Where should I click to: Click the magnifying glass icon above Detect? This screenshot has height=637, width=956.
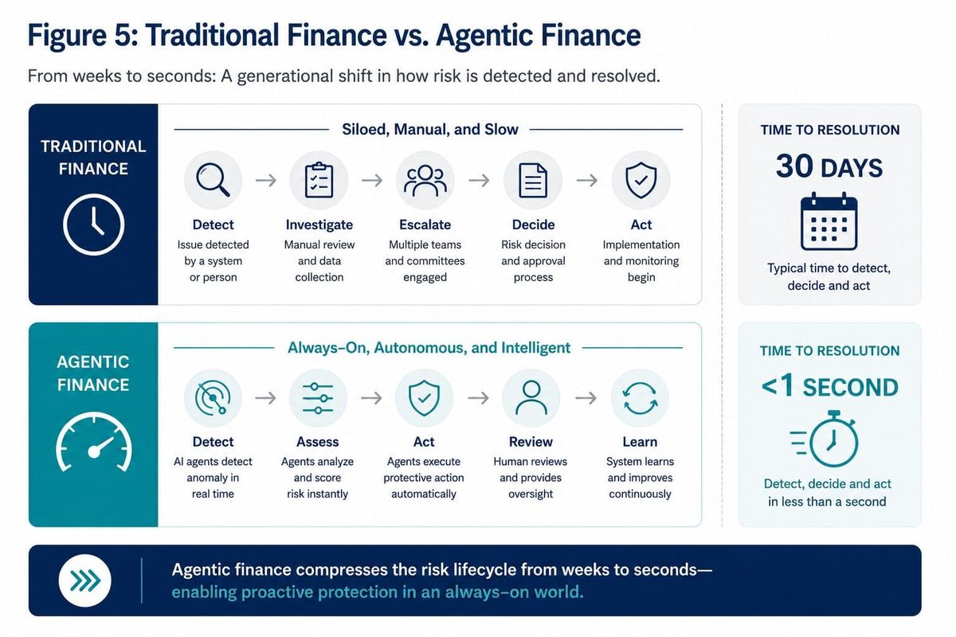click(x=213, y=180)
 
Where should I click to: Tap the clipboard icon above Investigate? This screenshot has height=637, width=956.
click(x=319, y=180)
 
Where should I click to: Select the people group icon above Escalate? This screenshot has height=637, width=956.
click(x=425, y=181)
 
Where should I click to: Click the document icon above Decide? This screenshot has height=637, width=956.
click(x=533, y=181)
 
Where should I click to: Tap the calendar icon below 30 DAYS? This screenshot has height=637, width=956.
click(x=829, y=221)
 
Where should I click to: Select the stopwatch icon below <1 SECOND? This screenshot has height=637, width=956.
click(x=824, y=439)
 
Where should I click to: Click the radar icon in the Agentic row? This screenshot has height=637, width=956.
click(x=213, y=397)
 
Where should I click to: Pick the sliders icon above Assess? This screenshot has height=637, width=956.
click(x=318, y=398)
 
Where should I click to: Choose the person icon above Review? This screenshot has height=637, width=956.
click(x=531, y=397)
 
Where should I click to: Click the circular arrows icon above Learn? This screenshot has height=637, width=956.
click(x=641, y=398)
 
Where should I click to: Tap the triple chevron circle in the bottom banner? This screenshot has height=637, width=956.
click(x=85, y=580)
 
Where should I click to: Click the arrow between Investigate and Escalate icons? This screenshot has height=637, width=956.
click(x=372, y=181)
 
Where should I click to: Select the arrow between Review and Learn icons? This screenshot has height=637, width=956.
click(x=586, y=398)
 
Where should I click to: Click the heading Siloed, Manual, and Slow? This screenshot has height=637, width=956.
click(x=430, y=129)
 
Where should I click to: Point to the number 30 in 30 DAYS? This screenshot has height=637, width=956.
click(x=794, y=166)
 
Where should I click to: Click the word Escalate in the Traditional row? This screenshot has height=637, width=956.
click(x=425, y=225)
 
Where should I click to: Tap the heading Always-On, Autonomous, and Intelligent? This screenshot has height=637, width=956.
click(x=429, y=348)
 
